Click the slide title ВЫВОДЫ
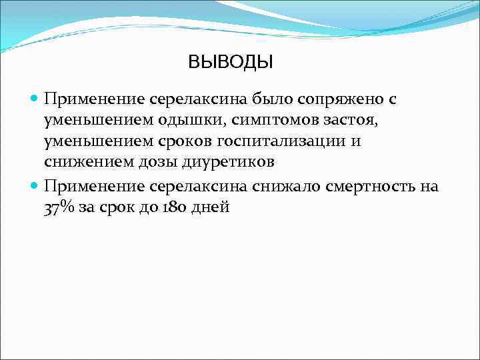231,63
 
